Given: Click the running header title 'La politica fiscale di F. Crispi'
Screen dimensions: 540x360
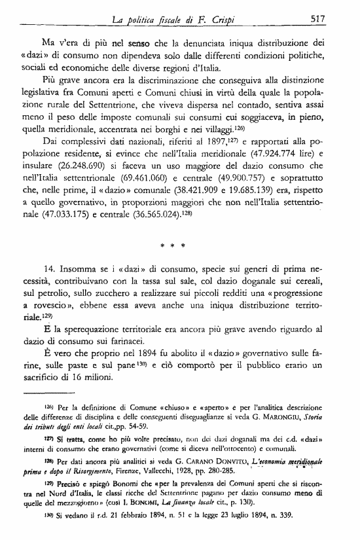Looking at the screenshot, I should point(168,20).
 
